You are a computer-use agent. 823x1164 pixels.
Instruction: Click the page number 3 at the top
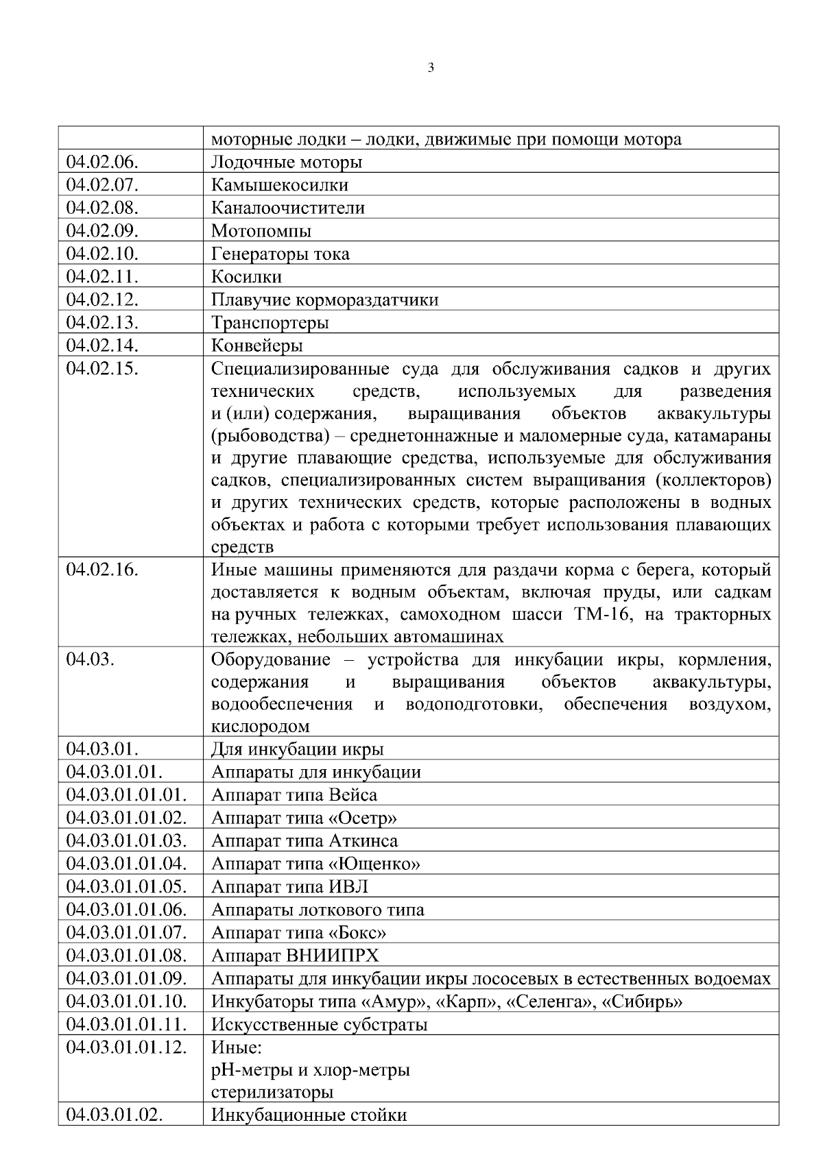[431, 68]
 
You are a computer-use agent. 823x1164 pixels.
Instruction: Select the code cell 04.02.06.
[102, 162]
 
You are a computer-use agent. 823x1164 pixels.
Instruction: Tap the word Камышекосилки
[280, 185]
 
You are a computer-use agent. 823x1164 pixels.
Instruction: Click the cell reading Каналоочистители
[288, 208]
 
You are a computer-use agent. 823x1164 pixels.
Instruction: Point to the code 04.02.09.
[102, 231]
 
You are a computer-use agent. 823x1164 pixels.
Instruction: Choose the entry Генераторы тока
[281, 254]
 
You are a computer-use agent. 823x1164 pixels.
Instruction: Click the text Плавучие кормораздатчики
[325, 300]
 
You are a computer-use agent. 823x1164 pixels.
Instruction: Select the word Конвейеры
[257, 345]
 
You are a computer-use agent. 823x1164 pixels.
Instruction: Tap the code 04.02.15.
[102, 369]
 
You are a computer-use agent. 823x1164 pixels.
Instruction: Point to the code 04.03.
[91, 660]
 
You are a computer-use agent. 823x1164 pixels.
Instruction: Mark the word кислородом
[261, 727]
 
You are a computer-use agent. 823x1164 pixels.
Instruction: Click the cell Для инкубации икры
[298, 749]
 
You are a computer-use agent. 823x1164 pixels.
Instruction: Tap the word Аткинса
[363, 841]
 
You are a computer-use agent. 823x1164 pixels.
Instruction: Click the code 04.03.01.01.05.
[126, 887]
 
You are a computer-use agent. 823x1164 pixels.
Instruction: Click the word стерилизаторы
[272, 1092]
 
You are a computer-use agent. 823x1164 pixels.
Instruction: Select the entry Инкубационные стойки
[309, 1115]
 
